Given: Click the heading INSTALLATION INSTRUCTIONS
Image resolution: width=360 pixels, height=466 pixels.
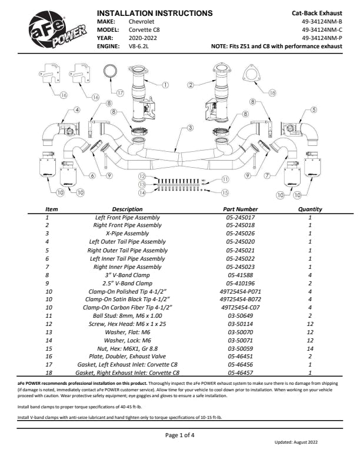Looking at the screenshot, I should point(154,13).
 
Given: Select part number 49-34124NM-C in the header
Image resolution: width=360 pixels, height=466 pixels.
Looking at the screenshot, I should point(321,29).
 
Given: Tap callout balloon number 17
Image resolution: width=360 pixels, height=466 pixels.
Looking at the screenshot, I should point(120,93).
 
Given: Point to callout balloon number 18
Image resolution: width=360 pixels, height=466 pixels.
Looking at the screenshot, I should point(272,93).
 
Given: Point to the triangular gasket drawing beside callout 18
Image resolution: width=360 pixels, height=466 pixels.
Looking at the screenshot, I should point(254,75).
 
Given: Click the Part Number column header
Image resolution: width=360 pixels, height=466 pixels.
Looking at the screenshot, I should point(241,209).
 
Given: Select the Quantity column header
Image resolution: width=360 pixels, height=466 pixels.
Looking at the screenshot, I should point(310,209).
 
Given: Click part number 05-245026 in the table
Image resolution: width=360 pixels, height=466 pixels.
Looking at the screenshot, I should point(241,233).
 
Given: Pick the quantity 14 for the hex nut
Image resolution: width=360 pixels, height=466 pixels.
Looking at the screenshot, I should point(310,348).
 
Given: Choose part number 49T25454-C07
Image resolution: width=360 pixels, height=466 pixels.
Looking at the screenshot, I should point(241,307).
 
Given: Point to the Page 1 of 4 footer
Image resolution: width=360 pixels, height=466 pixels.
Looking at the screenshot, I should point(179,435).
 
